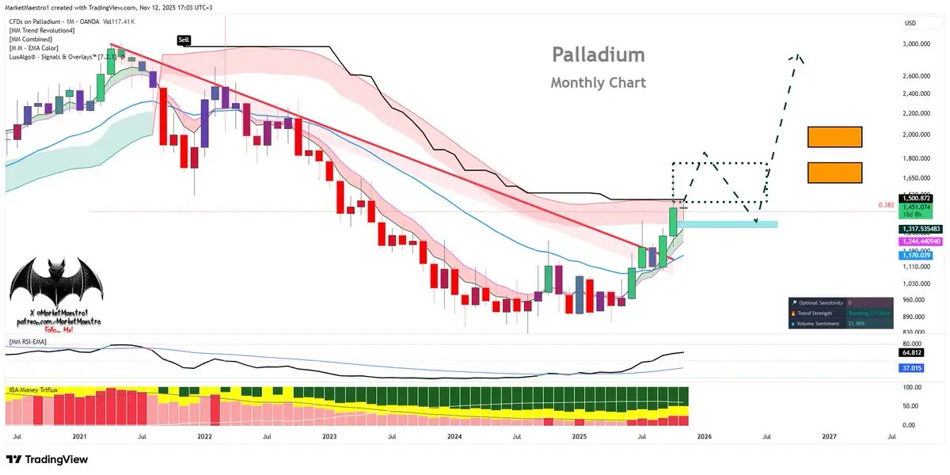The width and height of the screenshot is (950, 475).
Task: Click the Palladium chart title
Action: [x=598, y=55]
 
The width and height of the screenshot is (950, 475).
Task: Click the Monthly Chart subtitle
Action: [x=598, y=82]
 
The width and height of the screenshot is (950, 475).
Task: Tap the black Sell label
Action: [x=184, y=39]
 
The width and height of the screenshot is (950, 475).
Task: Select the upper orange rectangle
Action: [x=834, y=137]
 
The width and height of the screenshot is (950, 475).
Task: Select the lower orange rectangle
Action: [x=834, y=173]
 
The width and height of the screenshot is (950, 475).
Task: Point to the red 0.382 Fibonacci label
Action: [x=886, y=205]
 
